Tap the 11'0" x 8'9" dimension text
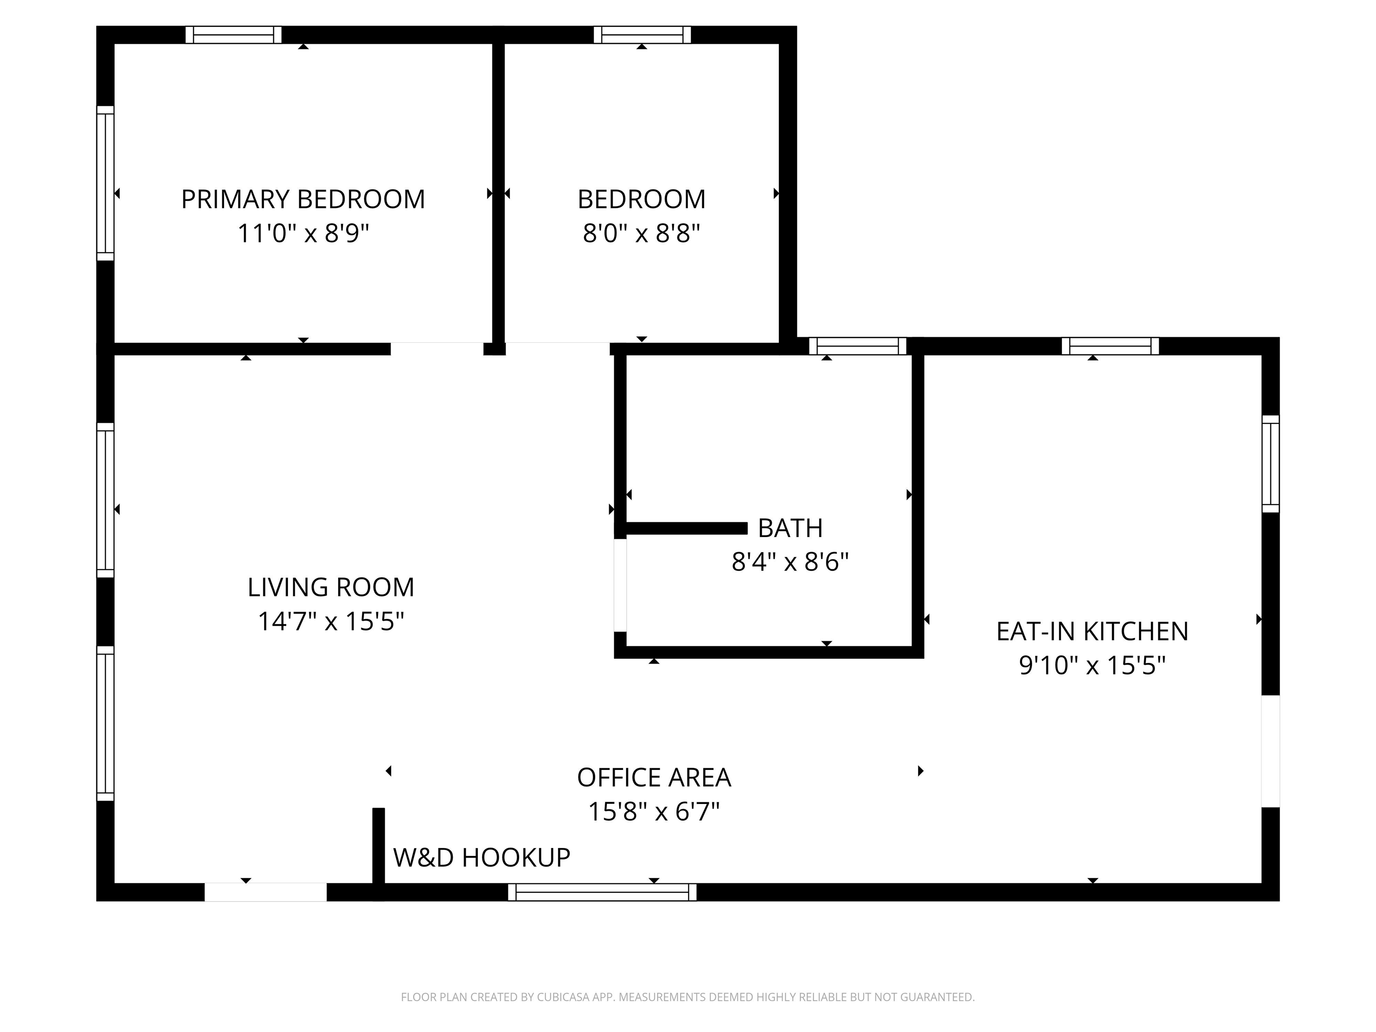click(x=303, y=234)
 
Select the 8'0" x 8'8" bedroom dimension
click(x=641, y=234)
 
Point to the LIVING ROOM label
click(x=331, y=587)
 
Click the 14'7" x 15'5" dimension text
click(x=331, y=621)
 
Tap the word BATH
click(x=790, y=528)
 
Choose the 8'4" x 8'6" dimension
click(x=790, y=562)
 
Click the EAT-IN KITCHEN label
click(x=1092, y=632)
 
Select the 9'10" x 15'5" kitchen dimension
click(x=1092, y=666)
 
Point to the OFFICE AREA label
click(x=654, y=778)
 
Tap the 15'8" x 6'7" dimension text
click(x=654, y=812)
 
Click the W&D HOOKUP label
click(x=482, y=858)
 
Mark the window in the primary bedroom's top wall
click(x=233, y=35)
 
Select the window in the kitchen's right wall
click(x=1270, y=464)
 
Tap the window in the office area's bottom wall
click(x=602, y=892)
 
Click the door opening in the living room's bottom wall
click(x=266, y=892)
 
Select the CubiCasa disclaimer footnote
click(x=688, y=997)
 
